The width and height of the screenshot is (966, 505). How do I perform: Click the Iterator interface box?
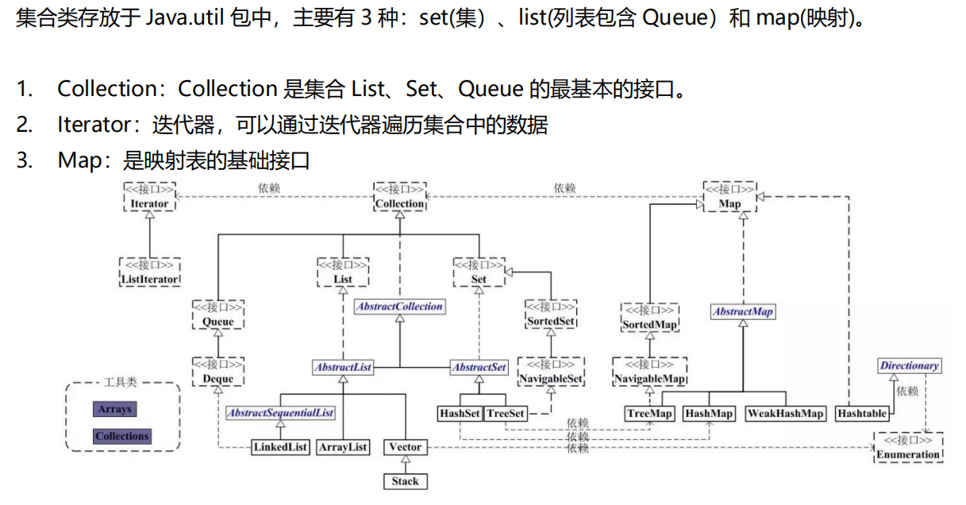click(149, 197)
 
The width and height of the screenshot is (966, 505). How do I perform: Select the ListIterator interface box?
click(149, 272)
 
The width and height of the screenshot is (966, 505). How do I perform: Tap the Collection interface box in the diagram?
click(400, 197)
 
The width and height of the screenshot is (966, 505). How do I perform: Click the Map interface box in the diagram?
click(729, 197)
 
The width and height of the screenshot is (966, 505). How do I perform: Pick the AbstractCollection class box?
click(399, 306)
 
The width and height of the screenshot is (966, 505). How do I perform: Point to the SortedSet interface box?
click(551, 315)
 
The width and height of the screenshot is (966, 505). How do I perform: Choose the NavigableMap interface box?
click(650, 372)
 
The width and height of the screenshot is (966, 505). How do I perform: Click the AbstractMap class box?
click(743, 312)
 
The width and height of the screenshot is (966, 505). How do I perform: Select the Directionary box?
click(910, 366)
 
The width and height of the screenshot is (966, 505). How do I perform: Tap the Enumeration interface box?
click(908, 448)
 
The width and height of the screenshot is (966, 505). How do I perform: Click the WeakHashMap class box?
click(786, 414)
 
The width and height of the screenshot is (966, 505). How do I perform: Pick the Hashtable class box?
click(861, 414)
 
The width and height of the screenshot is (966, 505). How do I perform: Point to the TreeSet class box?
click(506, 414)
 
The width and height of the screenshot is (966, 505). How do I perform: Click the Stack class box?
click(405, 481)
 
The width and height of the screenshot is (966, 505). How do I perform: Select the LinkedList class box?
click(281, 447)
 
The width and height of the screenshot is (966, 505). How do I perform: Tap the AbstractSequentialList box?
click(280, 414)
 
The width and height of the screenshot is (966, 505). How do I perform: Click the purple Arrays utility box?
click(114, 410)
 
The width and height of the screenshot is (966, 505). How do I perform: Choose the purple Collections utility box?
click(121, 436)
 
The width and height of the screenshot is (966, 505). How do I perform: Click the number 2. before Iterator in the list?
click(25, 125)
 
